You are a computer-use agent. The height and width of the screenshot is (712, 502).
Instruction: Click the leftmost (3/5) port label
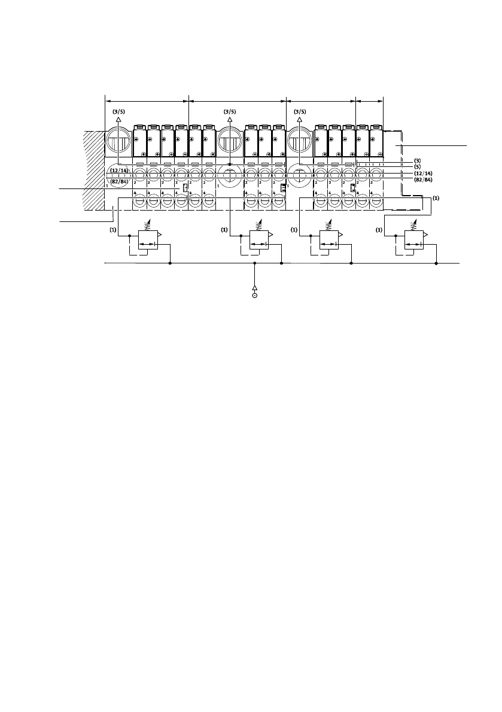[x=118, y=112]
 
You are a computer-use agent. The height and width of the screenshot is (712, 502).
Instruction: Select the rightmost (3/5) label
[x=300, y=112]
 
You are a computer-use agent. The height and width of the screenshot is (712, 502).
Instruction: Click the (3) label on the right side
[x=418, y=160]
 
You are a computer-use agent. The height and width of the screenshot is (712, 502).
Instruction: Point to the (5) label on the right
[x=418, y=166]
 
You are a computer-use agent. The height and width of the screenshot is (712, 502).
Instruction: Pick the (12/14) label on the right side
[x=423, y=173]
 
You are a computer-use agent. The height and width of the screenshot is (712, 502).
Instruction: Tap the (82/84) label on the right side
[x=423, y=179]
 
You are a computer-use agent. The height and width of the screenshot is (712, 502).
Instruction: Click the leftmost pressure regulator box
[x=148, y=239]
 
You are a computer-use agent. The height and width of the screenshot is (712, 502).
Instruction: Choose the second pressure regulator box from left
[x=258, y=239]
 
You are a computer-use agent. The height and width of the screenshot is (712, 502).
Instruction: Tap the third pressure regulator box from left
[x=328, y=239]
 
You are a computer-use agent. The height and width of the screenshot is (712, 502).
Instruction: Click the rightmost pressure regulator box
[x=413, y=239]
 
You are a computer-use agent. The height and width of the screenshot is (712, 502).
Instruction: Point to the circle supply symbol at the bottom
[x=255, y=296]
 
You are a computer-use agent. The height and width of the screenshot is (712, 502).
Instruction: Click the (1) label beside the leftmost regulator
[x=112, y=229]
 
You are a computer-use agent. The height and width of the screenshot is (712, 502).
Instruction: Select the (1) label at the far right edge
[x=436, y=198]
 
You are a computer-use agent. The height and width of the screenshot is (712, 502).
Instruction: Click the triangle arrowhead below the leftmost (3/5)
[x=118, y=120]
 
